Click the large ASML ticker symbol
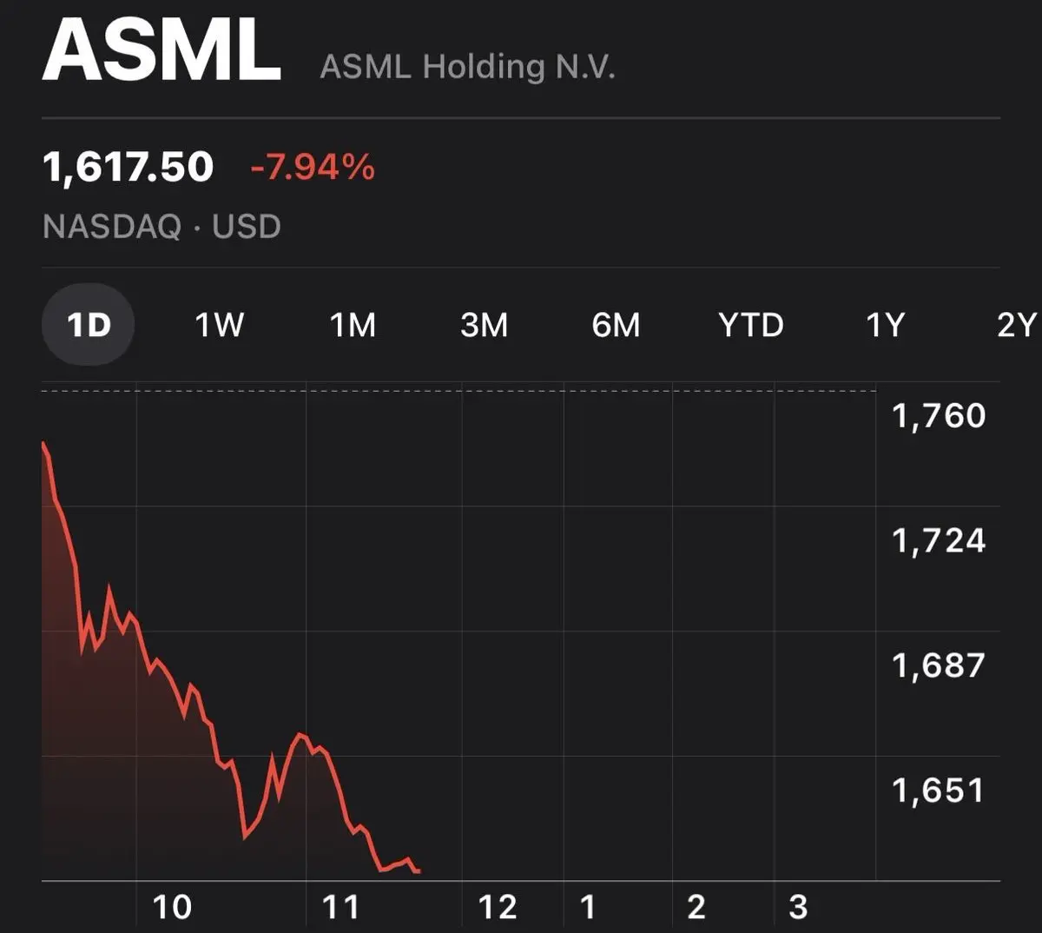(x=162, y=50)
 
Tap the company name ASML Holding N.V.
(x=467, y=68)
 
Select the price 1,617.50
(x=128, y=168)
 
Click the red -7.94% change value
(x=313, y=167)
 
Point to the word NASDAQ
(x=112, y=227)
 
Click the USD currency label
(x=247, y=227)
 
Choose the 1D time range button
(x=89, y=325)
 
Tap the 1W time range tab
(x=219, y=325)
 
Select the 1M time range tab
(x=353, y=325)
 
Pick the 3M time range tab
(x=484, y=325)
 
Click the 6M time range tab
(x=616, y=325)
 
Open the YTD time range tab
(x=751, y=325)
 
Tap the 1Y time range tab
(x=885, y=325)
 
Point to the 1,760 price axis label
(x=939, y=416)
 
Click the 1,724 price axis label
(x=939, y=541)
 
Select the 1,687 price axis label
(x=939, y=666)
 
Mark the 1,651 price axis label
(x=939, y=791)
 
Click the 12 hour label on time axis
(x=498, y=907)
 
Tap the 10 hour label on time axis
(x=172, y=907)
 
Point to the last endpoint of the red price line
(x=419, y=871)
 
